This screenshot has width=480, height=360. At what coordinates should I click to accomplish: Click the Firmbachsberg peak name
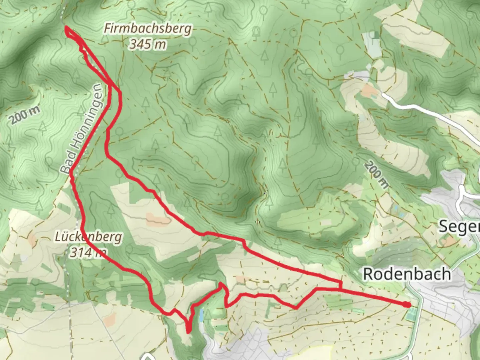(x=148, y=29)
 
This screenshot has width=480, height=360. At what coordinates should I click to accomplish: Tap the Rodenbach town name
(x=407, y=274)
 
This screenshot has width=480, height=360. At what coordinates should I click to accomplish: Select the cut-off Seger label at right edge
(x=459, y=227)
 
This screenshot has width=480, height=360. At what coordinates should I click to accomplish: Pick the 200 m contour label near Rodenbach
(x=376, y=174)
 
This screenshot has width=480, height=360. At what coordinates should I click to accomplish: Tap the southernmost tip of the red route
(x=188, y=332)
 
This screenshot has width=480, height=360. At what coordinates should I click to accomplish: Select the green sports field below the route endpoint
(x=412, y=313)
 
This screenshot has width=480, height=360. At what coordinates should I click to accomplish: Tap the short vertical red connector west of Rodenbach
(x=340, y=285)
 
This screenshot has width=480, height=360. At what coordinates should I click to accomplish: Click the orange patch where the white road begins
(x=368, y=89)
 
